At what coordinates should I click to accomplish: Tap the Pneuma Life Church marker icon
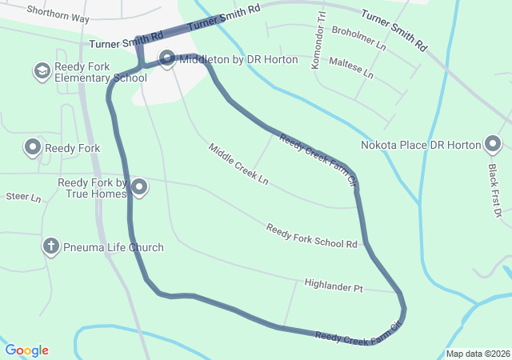coord(50,246)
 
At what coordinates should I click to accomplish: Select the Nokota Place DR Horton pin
coord(493,145)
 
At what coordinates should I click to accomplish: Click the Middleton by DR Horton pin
coord(167,58)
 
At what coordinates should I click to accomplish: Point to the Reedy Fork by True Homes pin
coord(139,188)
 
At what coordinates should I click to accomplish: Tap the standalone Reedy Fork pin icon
coord(33,147)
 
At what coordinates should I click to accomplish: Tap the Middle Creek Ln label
coord(238,165)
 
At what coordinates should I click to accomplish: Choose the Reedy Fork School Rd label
coord(311,237)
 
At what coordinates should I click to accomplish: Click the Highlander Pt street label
coord(334,285)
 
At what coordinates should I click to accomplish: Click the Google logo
coord(26,350)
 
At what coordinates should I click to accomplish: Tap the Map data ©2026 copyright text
coord(477,354)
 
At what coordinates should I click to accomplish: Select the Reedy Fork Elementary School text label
coord(101,72)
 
